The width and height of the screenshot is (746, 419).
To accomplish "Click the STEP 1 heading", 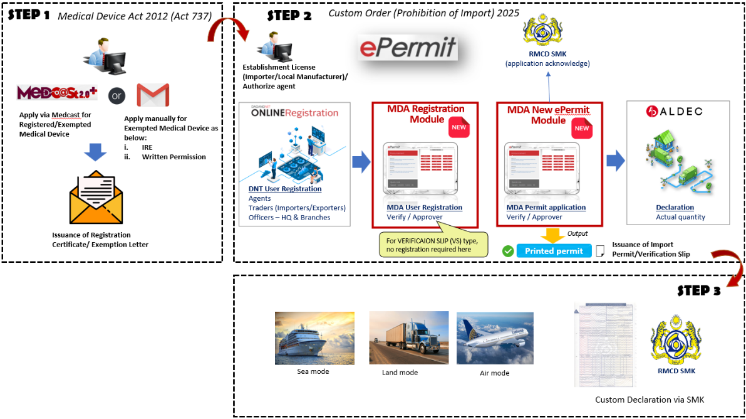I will pos(29,15).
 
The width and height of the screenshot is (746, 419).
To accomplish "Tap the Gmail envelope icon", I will pos(153,95).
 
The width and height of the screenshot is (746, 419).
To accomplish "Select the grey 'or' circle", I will pos(117,96).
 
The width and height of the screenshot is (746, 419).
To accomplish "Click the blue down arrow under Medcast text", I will pos(95,151).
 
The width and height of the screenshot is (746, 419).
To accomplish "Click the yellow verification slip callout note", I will pos(433,243).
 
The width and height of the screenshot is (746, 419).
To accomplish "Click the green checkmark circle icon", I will pos(508,251).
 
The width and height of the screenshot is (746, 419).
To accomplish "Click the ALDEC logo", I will pos(674,112).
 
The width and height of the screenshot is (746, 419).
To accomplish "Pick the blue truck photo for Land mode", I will pos(408,338).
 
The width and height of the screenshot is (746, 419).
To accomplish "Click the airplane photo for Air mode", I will pos(495,339).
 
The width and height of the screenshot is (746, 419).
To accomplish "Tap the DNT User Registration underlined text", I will pos(285,189).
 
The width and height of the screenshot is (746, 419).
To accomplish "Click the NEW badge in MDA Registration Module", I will pos(458,127).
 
